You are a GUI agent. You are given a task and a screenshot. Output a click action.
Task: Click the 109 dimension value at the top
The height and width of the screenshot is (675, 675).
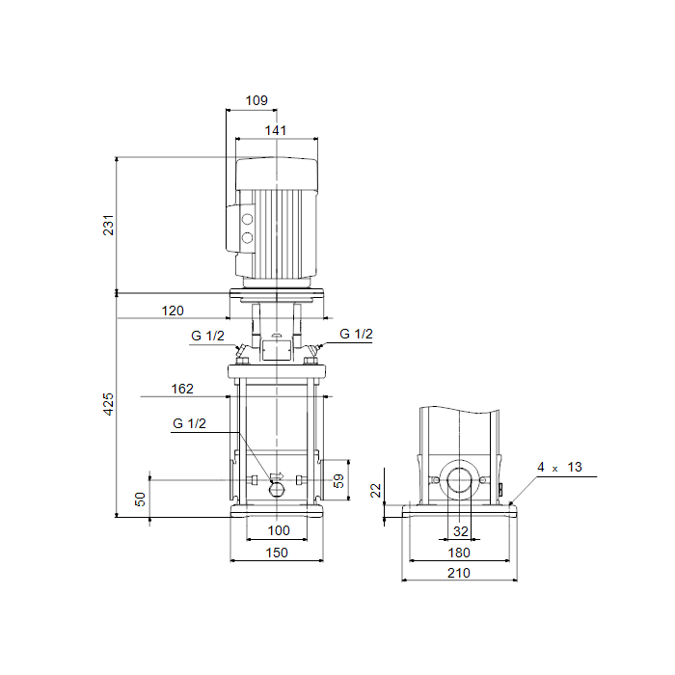click(x=256, y=100)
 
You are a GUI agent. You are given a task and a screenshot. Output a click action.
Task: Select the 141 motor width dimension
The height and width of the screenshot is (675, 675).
click(x=276, y=130)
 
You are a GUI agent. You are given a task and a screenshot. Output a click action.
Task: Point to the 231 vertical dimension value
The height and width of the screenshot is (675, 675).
click(x=108, y=225)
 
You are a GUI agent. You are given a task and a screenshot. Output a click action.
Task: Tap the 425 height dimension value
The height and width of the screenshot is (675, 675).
click(x=108, y=404)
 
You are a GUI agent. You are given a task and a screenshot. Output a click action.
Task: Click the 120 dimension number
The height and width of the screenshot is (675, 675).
click(x=173, y=310)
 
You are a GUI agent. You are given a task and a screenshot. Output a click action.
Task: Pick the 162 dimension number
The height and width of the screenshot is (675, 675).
click(x=182, y=389)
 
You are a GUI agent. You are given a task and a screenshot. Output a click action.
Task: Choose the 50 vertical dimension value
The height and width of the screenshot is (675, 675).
click(x=141, y=499)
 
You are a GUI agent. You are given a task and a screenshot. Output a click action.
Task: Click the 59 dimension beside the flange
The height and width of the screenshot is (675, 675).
click(x=338, y=481)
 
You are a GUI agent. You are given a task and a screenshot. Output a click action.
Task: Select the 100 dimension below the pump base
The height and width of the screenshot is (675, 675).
click(x=279, y=530)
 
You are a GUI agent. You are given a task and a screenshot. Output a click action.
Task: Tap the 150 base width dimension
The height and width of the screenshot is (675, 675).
click(x=277, y=553)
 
